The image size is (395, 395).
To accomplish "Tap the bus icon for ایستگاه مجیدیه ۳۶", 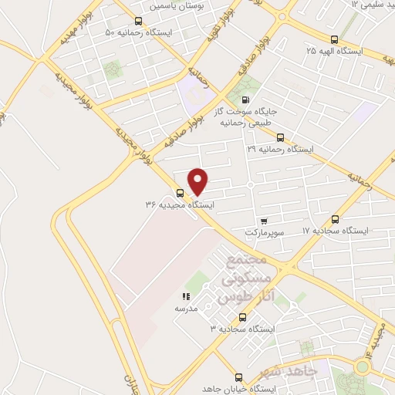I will pos(180,194).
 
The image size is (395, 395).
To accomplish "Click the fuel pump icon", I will pos(246,99).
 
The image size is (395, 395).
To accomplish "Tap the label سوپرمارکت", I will pos(265,232).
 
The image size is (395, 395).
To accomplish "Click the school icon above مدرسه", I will pos(185,296).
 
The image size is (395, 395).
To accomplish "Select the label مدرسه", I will pos(186,309).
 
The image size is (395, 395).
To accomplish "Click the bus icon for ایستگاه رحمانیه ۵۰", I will pos(138,21).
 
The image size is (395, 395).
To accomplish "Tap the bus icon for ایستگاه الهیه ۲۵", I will pos(333,39).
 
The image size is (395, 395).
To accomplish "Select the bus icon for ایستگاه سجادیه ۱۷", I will pos(336,219).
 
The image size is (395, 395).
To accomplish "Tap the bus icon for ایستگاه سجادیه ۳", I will pos(243,316).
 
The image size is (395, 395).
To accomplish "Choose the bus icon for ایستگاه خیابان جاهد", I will pos(238,377).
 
